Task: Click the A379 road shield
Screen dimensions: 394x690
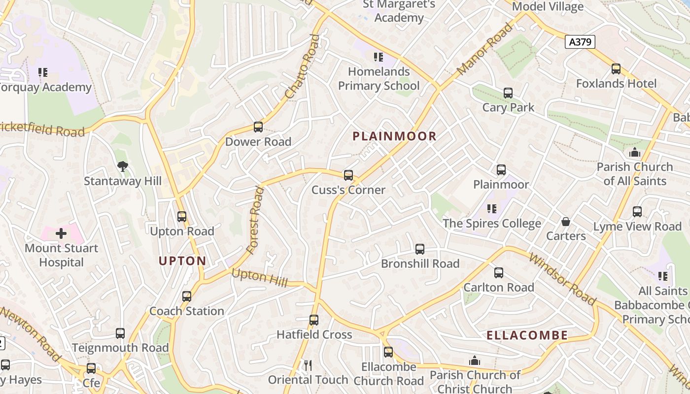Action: coord(580,42)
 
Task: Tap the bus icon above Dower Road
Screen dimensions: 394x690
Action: coord(258,127)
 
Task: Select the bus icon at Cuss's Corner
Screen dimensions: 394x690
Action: coord(348,175)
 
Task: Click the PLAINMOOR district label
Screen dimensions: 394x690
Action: coord(394,136)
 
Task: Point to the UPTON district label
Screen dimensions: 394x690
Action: coord(182,261)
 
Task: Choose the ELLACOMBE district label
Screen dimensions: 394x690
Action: coord(527,336)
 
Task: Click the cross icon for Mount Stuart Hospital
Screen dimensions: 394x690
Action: coord(61,233)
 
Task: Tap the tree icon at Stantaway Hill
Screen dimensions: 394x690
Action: coord(123,166)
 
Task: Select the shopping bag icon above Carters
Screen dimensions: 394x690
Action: coord(566,222)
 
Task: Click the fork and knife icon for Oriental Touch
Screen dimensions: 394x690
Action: coord(308,365)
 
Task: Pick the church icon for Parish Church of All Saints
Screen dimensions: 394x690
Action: coord(635,152)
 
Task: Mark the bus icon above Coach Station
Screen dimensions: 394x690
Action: coord(186,296)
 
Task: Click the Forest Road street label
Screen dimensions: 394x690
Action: coord(255,220)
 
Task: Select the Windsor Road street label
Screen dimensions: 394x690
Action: coord(562,278)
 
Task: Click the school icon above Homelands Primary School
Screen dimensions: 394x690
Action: coord(379,57)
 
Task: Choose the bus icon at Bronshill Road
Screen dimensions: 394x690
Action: coord(419,249)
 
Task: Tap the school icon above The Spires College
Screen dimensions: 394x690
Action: coord(491,209)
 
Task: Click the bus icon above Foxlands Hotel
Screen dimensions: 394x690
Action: coord(616,69)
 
